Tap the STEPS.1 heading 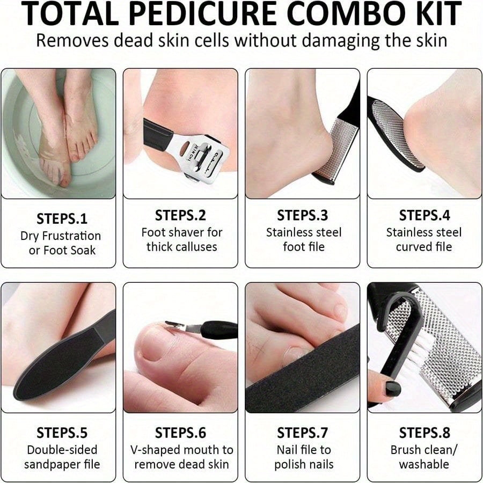click(x=62, y=219)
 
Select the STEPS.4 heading click(x=424, y=216)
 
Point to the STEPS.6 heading click(x=180, y=433)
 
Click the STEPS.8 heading click(x=424, y=433)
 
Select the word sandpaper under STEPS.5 click(x=53, y=464)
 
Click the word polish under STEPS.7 click(x=290, y=464)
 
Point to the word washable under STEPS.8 click(x=424, y=464)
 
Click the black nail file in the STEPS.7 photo click(x=301, y=370)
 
